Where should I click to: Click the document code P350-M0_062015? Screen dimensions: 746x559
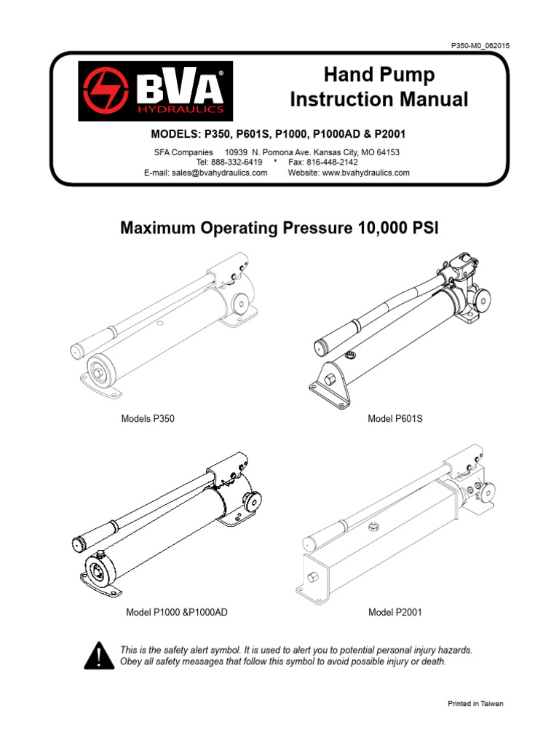pos(480,46)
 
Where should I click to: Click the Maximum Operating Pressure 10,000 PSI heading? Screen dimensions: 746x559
pos(279,228)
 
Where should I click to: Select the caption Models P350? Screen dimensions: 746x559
pos(147,419)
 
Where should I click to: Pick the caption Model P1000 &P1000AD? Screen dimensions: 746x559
pos(177,613)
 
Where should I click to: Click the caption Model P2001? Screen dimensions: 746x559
pos(395,613)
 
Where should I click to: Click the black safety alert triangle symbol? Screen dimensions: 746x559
pos(97,656)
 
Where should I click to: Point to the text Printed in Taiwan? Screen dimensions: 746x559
pos(475,704)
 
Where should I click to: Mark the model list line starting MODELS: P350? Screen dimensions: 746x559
pos(277,135)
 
